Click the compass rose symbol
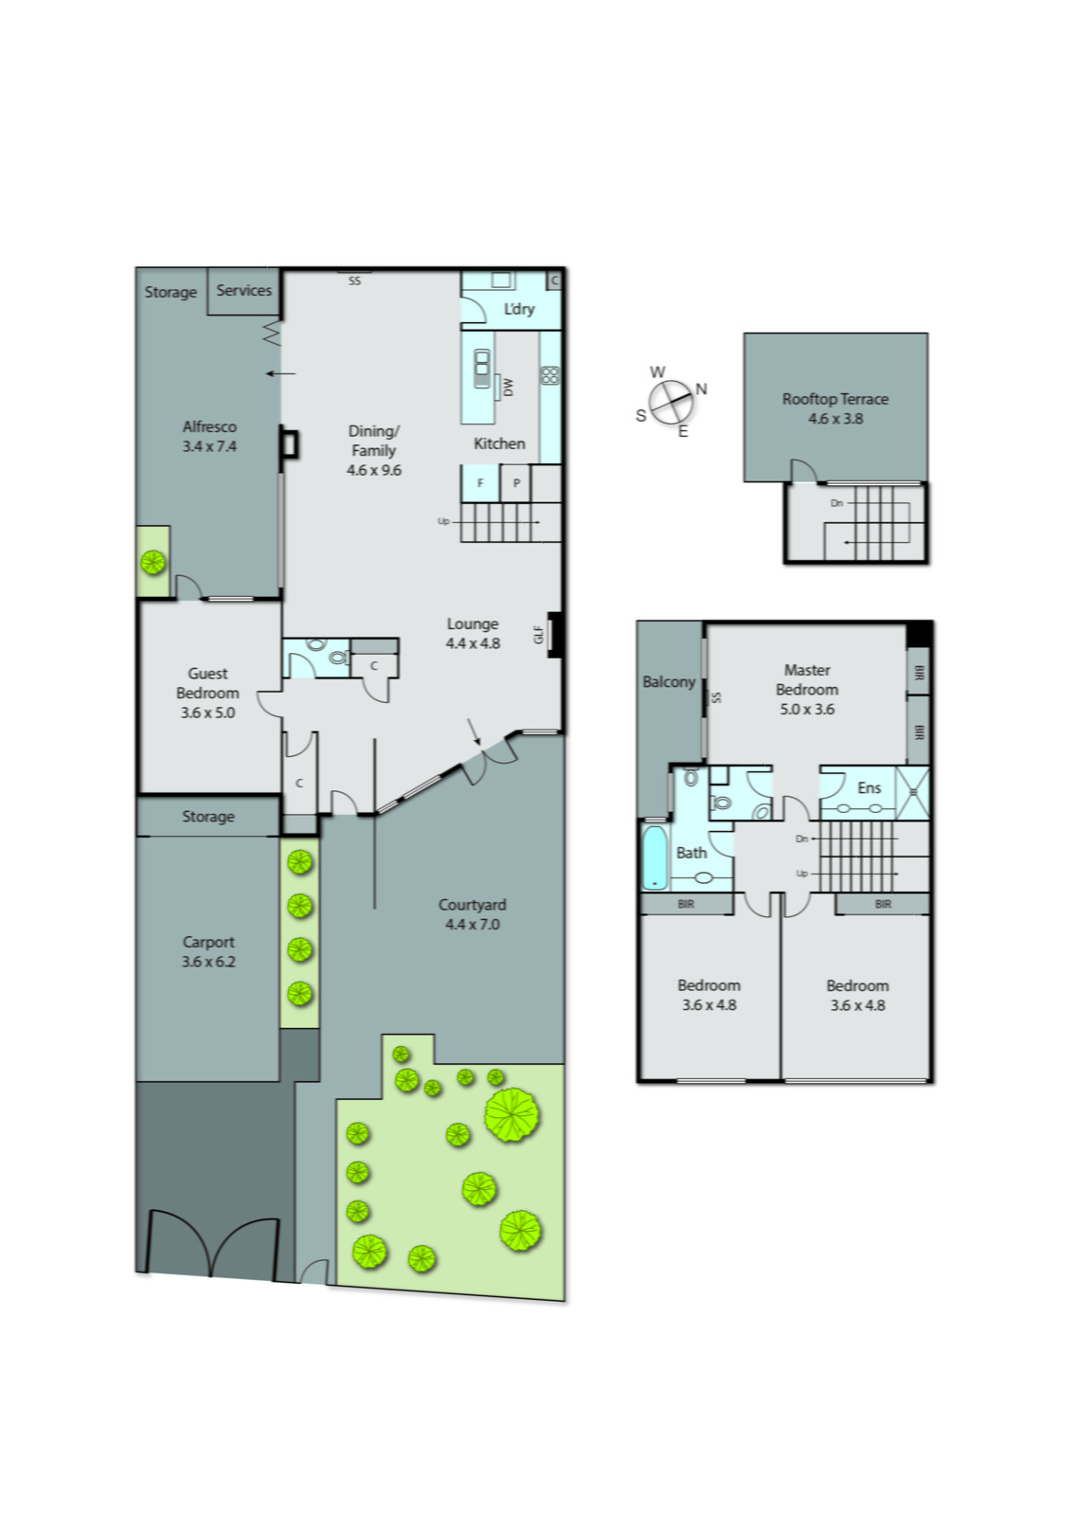pyautogui.click(x=671, y=402)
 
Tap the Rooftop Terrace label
pyautogui.click(x=834, y=408)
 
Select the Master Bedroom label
pyautogui.click(x=806, y=689)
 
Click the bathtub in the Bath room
pyautogui.click(x=654, y=858)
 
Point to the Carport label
pyautogui.click(x=208, y=951)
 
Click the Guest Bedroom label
pyautogui.click(x=207, y=693)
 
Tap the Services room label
pyautogui.click(x=243, y=290)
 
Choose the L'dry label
pyautogui.click(x=518, y=309)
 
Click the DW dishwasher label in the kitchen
pyautogui.click(x=508, y=387)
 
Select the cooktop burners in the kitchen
pyautogui.click(x=549, y=375)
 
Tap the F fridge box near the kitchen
pyautogui.click(x=480, y=483)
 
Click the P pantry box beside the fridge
pyautogui.click(x=516, y=483)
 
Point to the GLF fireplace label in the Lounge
pyautogui.click(x=539, y=634)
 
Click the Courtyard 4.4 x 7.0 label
pyautogui.click(x=472, y=914)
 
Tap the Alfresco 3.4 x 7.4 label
pyautogui.click(x=209, y=436)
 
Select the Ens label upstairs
pyautogui.click(x=868, y=787)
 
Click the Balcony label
pyautogui.click(x=669, y=681)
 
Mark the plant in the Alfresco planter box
pyautogui.click(x=152, y=563)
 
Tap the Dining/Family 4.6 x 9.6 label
pyautogui.click(x=374, y=450)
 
